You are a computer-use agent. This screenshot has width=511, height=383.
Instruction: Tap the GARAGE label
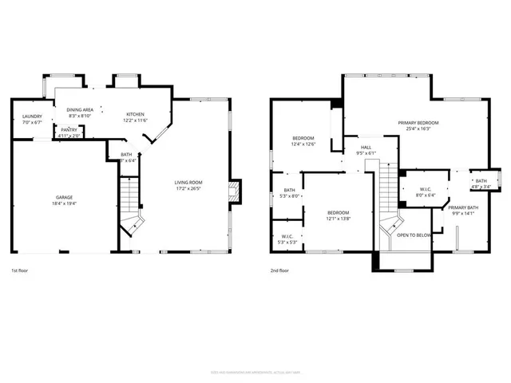coord(65,196)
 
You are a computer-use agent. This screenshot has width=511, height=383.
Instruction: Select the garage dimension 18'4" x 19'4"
coord(65,203)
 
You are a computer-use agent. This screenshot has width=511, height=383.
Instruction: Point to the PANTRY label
coord(69,129)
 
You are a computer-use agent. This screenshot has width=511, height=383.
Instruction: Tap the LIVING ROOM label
coord(188,183)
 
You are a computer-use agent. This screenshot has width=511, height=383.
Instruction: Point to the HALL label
coord(366,147)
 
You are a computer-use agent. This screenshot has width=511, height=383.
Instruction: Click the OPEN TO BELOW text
coord(414,235)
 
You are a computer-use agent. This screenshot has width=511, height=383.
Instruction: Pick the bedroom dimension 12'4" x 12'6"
coord(303,144)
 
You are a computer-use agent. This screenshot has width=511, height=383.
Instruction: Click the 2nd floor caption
coord(279,270)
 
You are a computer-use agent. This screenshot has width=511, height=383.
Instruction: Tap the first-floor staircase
coord(130,203)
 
